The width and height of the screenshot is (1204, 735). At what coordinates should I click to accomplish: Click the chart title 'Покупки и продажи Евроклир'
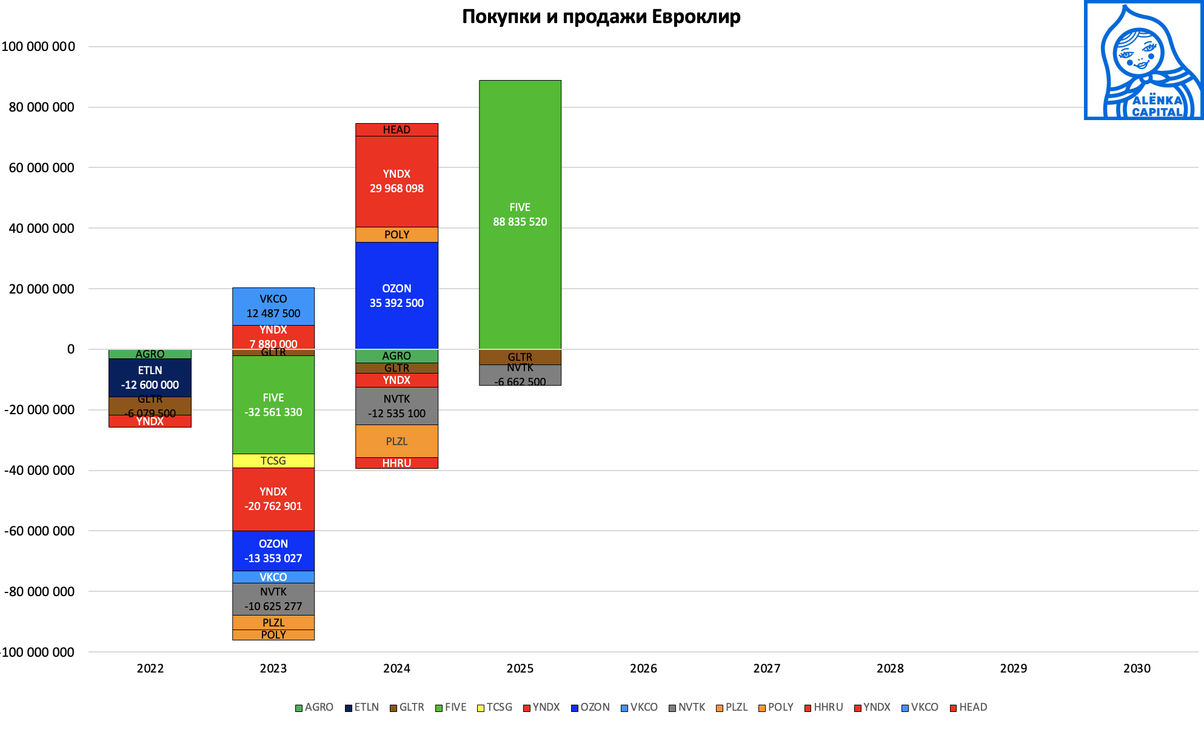pyautogui.click(x=601, y=16)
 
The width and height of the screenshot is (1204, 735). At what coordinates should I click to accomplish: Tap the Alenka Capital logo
pyautogui.click(x=1143, y=61)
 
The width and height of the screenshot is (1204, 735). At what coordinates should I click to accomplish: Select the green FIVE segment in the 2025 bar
pyautogui.click(x=520, y=214)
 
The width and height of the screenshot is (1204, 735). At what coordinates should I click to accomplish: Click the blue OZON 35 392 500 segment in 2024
pyautogui.click(x=396, y=295)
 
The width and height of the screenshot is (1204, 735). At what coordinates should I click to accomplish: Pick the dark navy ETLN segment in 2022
pyautogui.click(x=150, y=377)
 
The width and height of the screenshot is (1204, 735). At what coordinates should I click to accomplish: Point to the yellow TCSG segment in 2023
pyautogui.click(x=273, y=461)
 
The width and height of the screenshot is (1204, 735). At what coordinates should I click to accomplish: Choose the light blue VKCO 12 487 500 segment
pyautogui.click(x=273, y=306)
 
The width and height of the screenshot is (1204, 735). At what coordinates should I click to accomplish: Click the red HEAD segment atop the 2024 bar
pyautogui.click(x=396, y=130)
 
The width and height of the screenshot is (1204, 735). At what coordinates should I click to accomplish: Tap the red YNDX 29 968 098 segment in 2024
pyautogui.click(x=396, y=181)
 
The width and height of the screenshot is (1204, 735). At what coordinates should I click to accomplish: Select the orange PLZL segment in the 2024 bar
pyautogui.click(x=396, y=441)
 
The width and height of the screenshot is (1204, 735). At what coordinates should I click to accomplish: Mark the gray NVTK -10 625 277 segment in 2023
pyautogui.click(x=273, y=599)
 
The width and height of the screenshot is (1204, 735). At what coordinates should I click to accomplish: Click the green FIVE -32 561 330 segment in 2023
pyautogui.click(x=273, y=404)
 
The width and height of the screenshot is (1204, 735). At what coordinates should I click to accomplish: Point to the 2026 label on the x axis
pyautogui.click(x=643, y=668)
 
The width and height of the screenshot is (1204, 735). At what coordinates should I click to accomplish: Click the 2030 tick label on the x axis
pyautogui.click(x=1137, y=668)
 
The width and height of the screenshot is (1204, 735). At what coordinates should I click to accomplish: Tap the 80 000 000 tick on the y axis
pyautogui.click(x=41, y=107)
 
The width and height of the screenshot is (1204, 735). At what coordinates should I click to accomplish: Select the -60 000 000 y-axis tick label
pyautogui.click(x=39, y=531)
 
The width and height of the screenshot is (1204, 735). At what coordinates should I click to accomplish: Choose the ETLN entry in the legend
pyautogui.click(x=362, y=707)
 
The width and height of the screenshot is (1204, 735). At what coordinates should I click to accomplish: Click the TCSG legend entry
pyautogui.click(x=495, y=707)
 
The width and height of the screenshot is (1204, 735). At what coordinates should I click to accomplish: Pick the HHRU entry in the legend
pyautogui.click(x=824, y=707)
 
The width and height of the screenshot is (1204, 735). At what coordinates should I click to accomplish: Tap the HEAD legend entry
pyautogui.click(x=969, y=707)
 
